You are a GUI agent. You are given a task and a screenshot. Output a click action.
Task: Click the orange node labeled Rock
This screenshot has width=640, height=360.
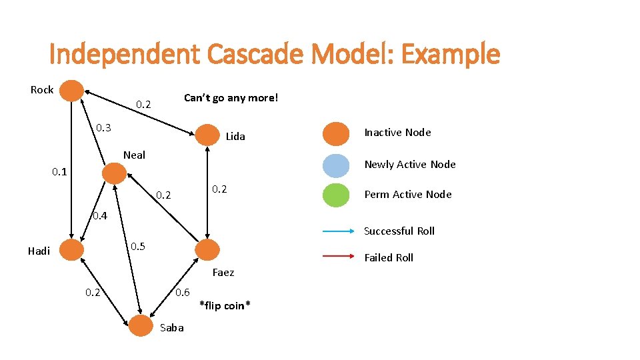[72, 91]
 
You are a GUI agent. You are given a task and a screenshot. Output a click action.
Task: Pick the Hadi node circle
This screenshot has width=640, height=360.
[72, 250]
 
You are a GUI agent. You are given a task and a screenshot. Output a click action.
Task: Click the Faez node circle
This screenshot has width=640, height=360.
[207, 250]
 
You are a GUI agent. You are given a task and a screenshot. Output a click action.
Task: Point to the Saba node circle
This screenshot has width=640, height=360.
[141, 326]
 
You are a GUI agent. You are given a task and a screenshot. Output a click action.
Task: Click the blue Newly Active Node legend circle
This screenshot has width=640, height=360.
[336, 165]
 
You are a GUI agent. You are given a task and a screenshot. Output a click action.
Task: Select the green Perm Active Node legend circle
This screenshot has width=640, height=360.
[336, 195]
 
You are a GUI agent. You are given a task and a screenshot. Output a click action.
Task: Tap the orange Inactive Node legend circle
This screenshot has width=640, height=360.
[336, 133]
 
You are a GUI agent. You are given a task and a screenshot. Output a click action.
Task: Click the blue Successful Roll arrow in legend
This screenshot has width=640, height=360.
[339, 231]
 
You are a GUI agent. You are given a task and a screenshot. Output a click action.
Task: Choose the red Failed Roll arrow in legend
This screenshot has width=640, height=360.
[339, 257]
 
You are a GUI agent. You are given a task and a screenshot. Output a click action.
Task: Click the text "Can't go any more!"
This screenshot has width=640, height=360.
[231, 98]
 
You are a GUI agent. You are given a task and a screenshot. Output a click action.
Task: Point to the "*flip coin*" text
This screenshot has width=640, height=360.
[225, 305]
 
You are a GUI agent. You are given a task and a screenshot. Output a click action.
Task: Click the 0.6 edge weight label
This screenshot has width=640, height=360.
[182, 292]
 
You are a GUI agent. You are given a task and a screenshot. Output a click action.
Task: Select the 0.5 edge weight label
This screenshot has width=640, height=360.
[138, 246]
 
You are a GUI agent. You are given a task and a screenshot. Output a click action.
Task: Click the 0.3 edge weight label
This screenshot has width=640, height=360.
[103, 127]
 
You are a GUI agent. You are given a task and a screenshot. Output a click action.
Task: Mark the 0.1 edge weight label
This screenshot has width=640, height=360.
[60, 172]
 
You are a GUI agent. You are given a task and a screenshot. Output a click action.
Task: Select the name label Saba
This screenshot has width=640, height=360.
[172, 327]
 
